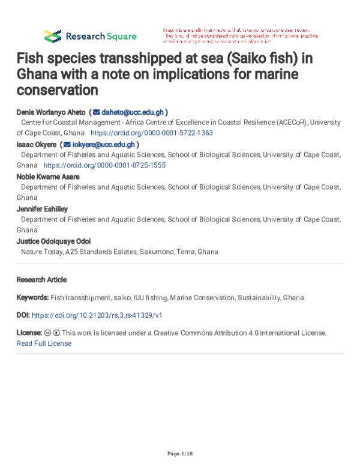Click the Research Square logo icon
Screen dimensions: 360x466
point(53,35)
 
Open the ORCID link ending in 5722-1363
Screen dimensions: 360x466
point(151,133)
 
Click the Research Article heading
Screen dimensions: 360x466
point(41,280)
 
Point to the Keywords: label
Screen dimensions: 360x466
point(32,297)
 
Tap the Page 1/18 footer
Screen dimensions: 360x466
point(180,452)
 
